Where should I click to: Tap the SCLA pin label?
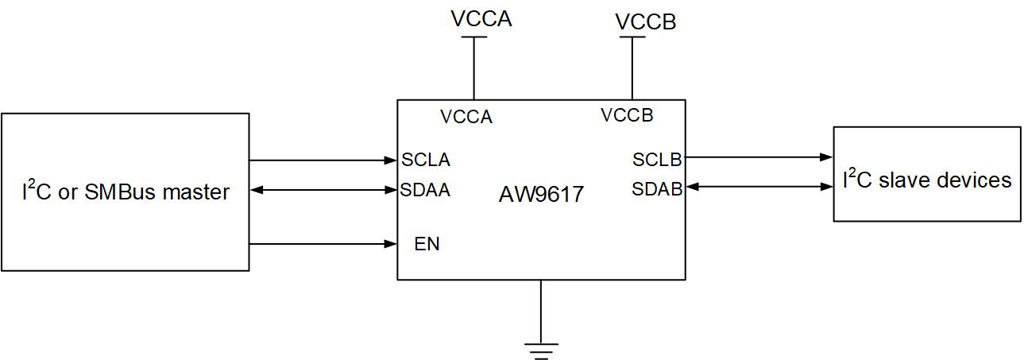tap(426, 160)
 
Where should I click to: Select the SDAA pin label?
tap(426, 190)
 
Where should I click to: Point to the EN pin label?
tap(427, 244)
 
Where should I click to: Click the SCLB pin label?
tap(657, 159)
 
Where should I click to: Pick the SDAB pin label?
tap(657, 189)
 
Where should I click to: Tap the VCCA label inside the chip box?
tap(466, 117)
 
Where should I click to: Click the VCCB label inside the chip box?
tap(627, 115)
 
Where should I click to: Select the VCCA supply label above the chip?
tap(481, 19)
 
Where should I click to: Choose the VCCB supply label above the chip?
tap(646, 22)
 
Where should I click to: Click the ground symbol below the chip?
tap(541, 350)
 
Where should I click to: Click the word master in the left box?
tap(196, 192)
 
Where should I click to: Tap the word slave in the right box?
tap(905, 180)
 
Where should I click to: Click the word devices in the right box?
tap(975, 180)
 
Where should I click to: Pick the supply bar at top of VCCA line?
tap(474, 37)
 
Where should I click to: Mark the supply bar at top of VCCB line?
tap(632, 37)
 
